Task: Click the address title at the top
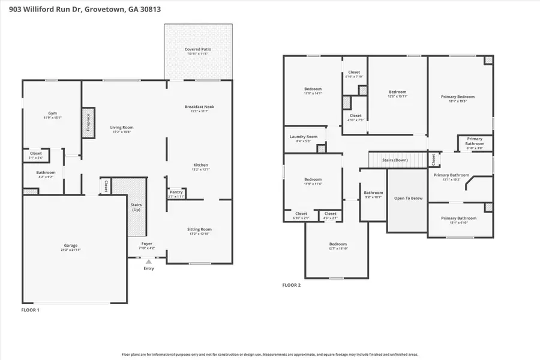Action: point(81,10)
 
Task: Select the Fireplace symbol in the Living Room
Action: point(88,123)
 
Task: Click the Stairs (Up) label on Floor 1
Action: point(137,207)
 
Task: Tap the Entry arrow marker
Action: point(148,261)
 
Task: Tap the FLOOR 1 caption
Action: point(31,311)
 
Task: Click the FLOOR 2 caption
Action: point(292,285)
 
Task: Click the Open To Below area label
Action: point(408,198)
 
